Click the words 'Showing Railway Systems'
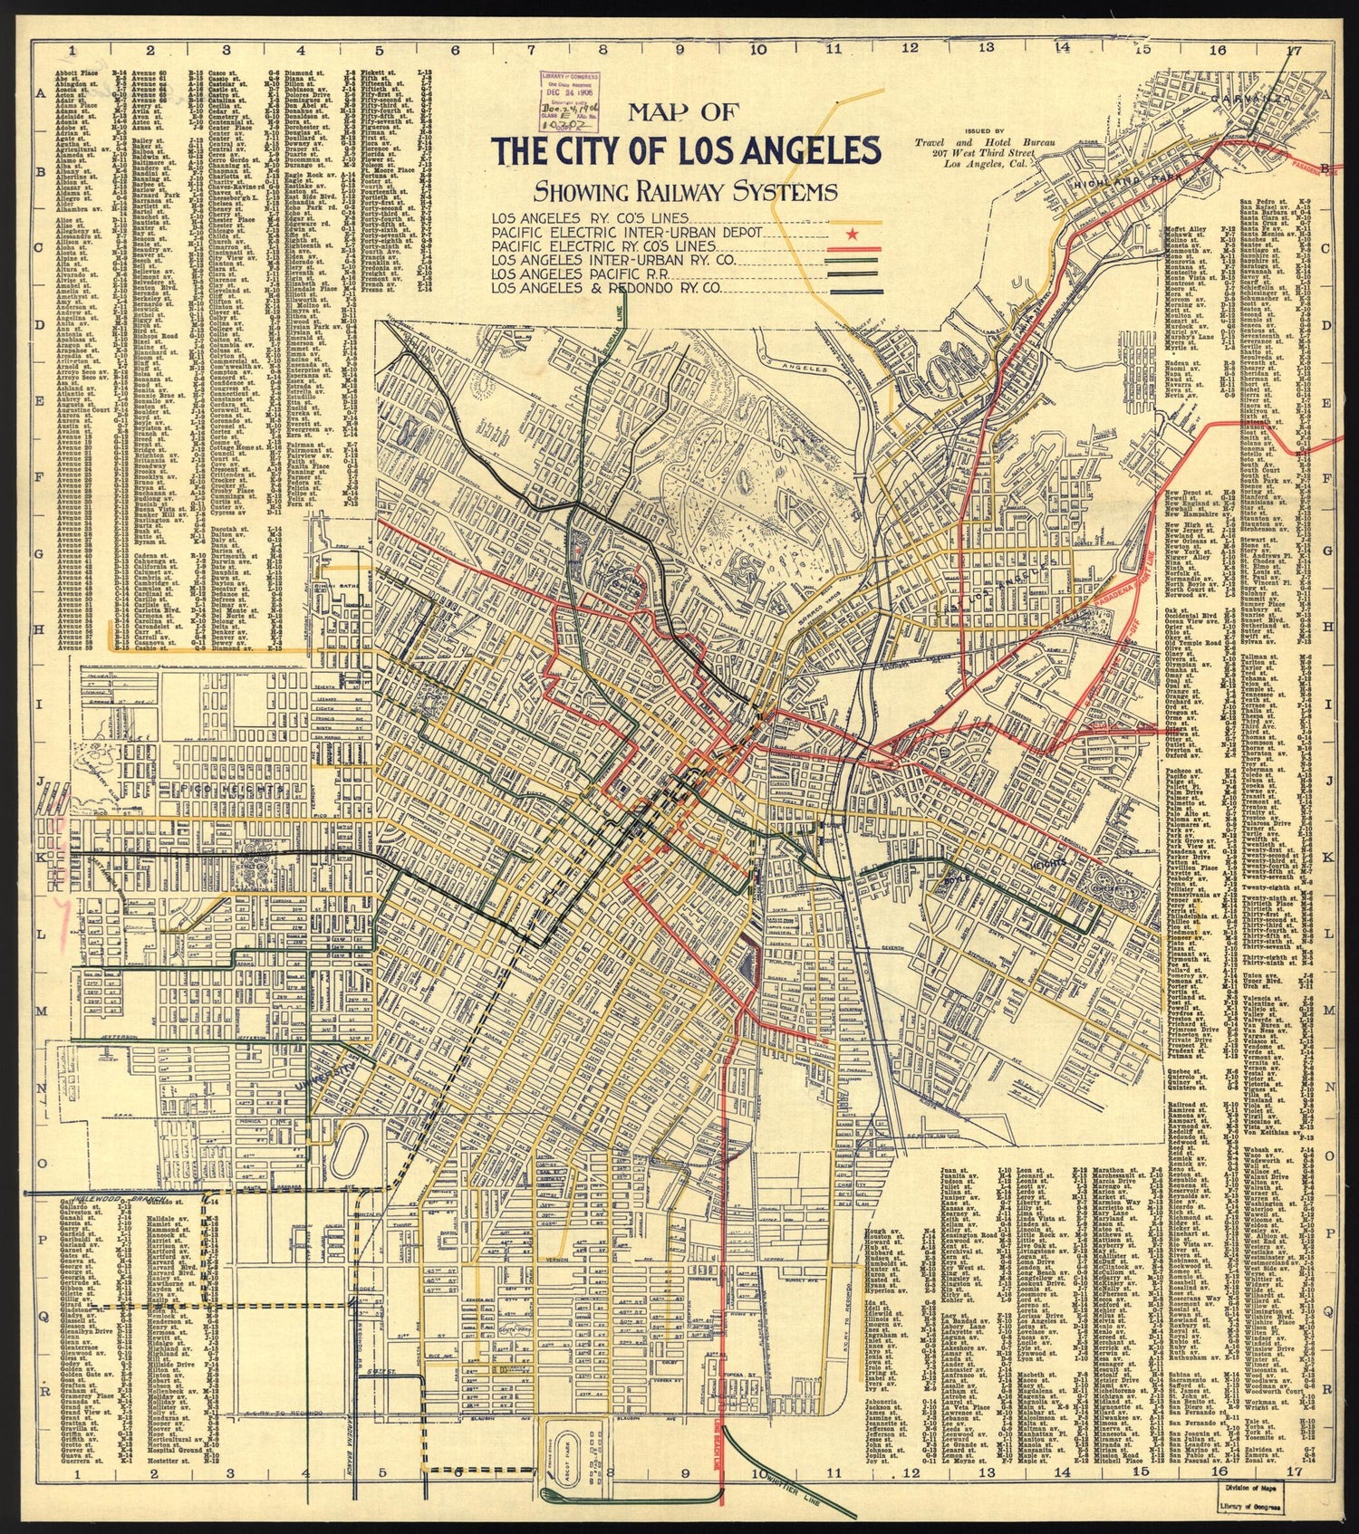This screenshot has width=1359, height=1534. click(x=685, y=192)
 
